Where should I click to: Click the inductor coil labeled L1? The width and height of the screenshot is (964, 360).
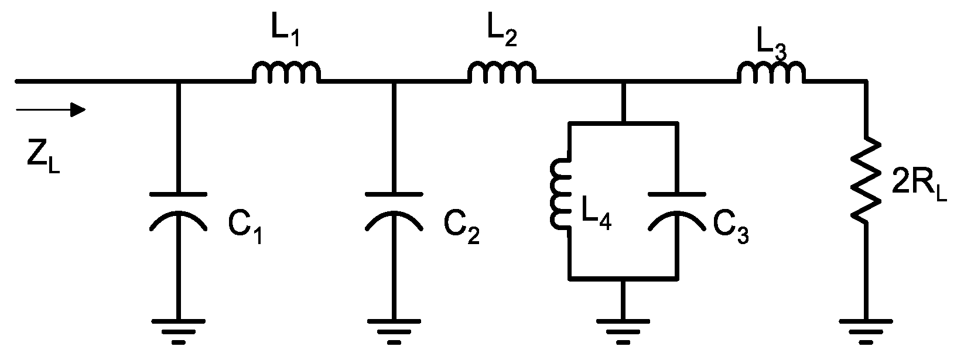[x=286, y=72]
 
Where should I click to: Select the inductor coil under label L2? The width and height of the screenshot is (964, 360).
[x=501, y=72]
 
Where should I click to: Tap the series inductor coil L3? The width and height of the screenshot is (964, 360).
[x=771, y=73]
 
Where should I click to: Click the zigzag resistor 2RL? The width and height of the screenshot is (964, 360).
[x=866, y=179]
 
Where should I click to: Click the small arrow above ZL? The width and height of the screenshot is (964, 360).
[x=52, y=109]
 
